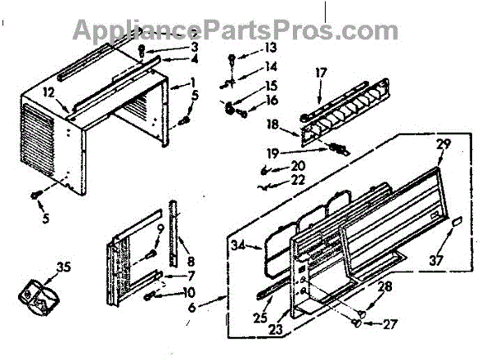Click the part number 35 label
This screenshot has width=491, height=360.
coord(39,267)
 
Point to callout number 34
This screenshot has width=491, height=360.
coord(238,244)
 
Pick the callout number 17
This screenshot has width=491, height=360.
coord(320,72)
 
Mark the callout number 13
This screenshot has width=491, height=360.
coord(271,49)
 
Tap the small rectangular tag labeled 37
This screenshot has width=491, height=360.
coord(457,223)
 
